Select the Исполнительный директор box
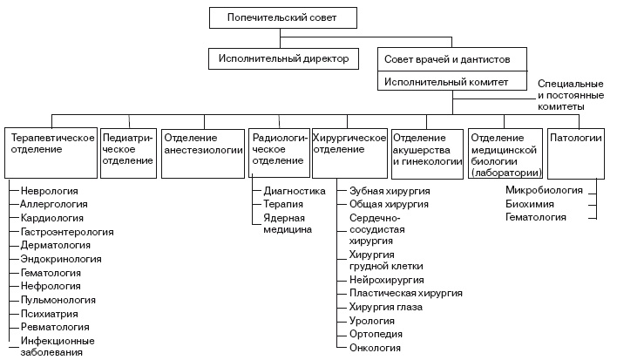click(x=279, y=58)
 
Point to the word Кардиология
click(x=52, y=218)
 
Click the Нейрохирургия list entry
click(x=386, y=281)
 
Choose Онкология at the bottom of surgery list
click(x=376, y=349)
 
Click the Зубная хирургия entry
click(x=389, y=190)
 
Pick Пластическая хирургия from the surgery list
click(x=406, y=295)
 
